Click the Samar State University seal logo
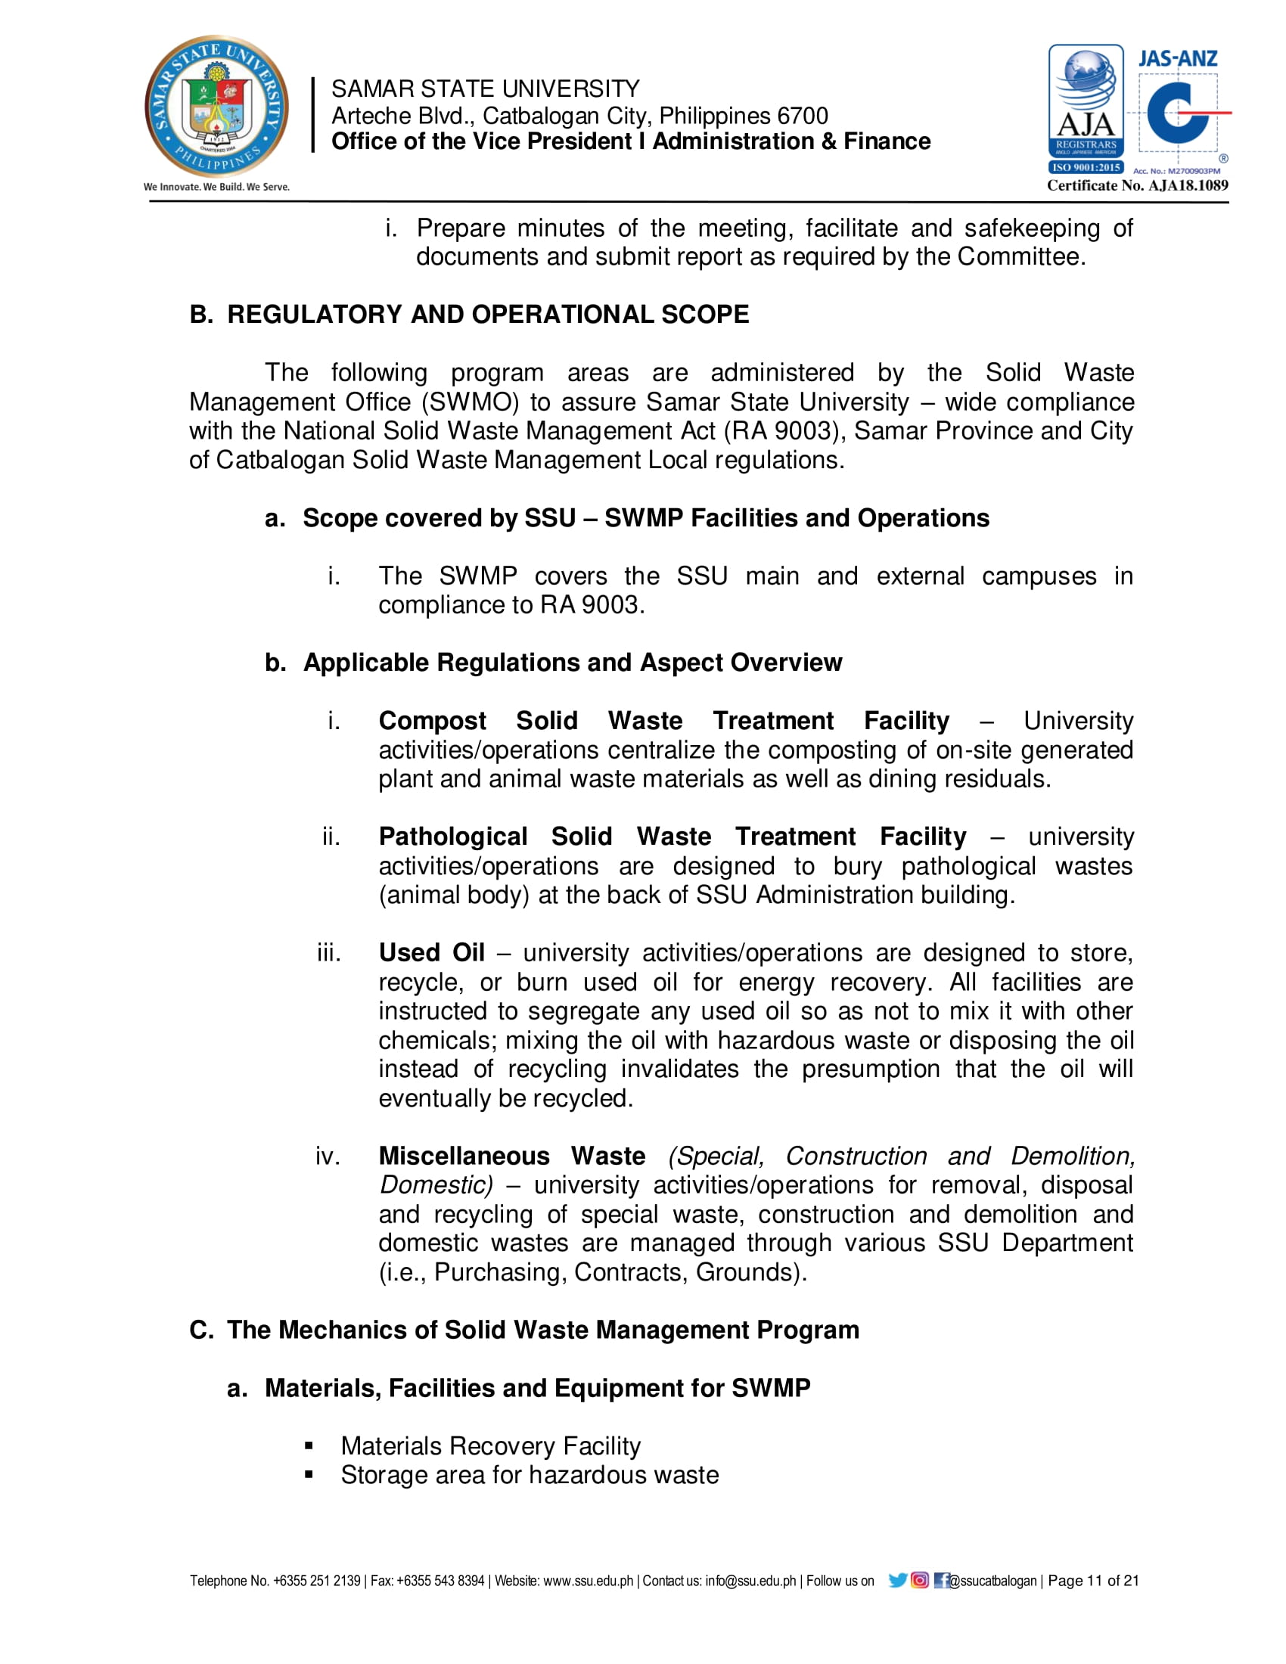(x=216, y=106)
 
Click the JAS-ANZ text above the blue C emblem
(x=1177, y=59)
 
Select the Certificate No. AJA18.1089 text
(x=1137, y=185)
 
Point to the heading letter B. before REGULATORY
(x=201, y=315)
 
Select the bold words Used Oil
(x=431, y=952)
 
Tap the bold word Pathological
(x=452, y=836)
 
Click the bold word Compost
(x=432, y=720)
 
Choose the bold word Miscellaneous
(x=464, y=1156)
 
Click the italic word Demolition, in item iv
(x=1073, y=1156)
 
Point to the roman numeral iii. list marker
(x=329, y=952)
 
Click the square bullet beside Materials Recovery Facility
(x=309, y=1445)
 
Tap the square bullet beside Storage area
(x=309, y=1474)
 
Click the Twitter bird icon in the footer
(x=897, y=1580)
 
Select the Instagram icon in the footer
(x=920, y=1580)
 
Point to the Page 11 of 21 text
(x=1092, y=1580)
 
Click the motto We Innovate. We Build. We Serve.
(x=216, y=187)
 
